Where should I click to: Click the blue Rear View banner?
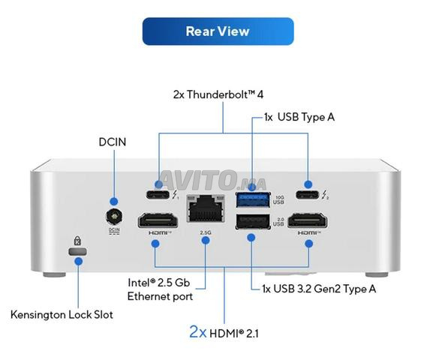[x=218, y=31]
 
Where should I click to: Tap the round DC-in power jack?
[x=114, y=216]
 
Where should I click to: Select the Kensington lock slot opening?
[x=77, y=251]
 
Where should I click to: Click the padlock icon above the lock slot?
[x=77, y=241]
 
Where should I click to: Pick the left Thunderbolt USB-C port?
[x=158, y=194]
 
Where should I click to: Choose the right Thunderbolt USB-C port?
[x=307, y=194]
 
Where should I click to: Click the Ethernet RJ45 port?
[x=206, y=208]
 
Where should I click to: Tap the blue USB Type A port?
[x=253, y=199]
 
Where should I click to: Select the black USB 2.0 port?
[x=253, y=221]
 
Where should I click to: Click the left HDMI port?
[x=158, y=220]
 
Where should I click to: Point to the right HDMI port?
[x=308, y=220]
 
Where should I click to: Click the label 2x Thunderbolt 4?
[x=218, y=94]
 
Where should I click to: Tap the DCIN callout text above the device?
[x=113, y=142]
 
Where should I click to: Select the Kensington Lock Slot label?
[x=62, y=315]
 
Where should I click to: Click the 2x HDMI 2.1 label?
[x=224, y=332]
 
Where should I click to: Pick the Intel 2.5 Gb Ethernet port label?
[x=160, y=289]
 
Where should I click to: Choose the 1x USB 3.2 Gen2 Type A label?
[x=319, y=289]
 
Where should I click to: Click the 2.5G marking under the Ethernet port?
[x=206, y=232]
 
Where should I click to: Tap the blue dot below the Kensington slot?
[x=78, y=261]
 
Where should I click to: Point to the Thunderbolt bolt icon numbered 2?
[x=325, y=195]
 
